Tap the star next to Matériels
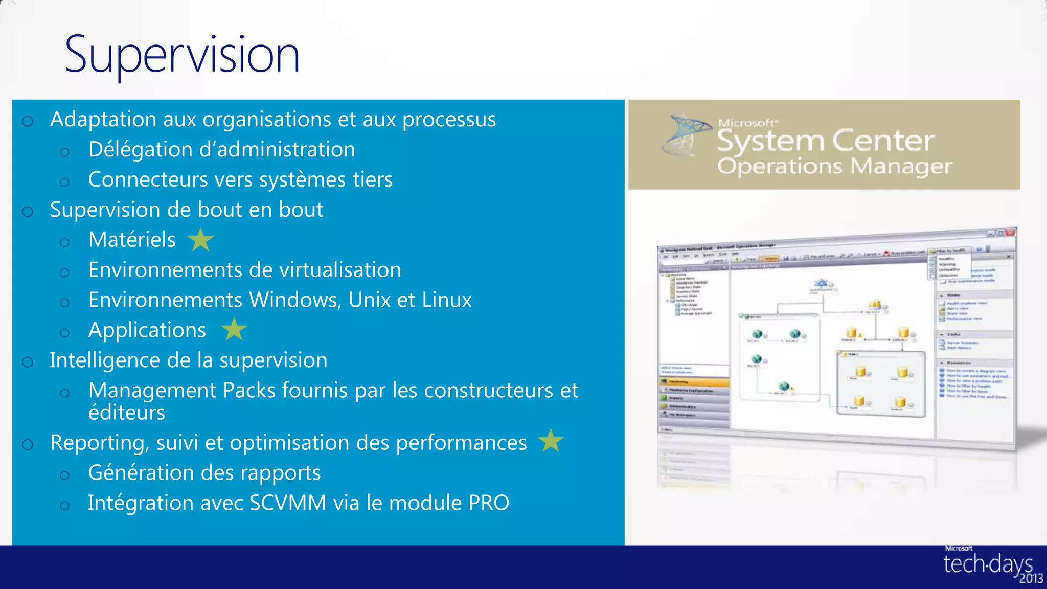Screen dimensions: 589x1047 tap(200, 240)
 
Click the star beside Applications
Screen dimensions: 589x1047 tap(234, 329)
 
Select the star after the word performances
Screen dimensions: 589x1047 tap(551, 441)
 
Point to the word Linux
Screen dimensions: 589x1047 tap(447, 300)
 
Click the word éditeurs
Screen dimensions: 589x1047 tap(126, 413)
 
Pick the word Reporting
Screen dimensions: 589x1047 tap(100, 443)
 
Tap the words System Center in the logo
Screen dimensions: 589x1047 tap(825, 141)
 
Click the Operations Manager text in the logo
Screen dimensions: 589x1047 tap(834, 166)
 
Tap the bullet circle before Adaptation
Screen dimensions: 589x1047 tap(28, 121)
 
